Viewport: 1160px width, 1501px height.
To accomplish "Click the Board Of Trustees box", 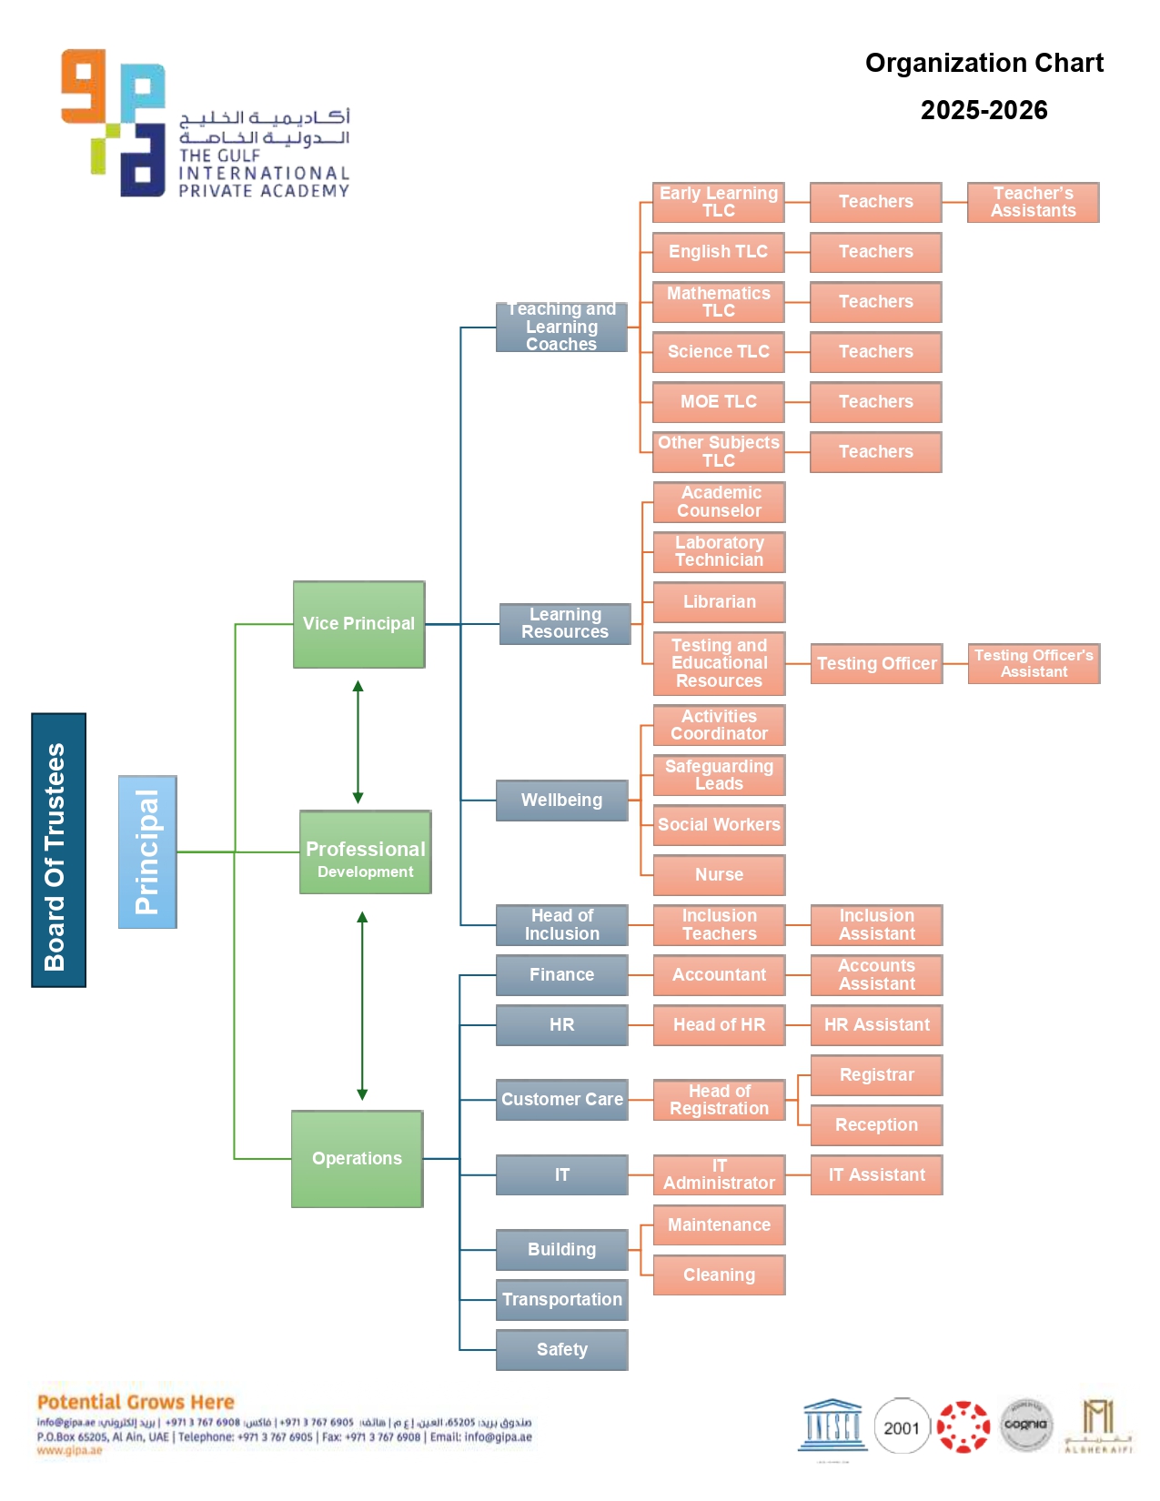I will pyautogui.click(x=58, y=850).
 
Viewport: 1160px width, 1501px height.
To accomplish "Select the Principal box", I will pyautogui.click(x=147, y=851).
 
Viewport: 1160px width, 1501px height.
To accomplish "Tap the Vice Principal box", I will pyautogui.click(x=358, y=624).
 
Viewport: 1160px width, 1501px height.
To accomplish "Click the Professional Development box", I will pyautogui.click(x=365, y=852).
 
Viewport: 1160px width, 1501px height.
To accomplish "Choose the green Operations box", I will pyautogui.click(x=357, y=1158).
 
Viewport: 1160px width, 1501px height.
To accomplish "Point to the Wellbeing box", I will pyautogui.click(x=561, y=801).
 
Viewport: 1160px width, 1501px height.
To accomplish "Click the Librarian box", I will pyautogui.click(x=719, y=602).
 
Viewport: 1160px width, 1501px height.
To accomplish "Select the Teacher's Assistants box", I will pyautogui.click(x=1033, y=202).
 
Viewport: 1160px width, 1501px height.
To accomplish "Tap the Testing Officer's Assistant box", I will pyautogui.click(x=1034, y=663).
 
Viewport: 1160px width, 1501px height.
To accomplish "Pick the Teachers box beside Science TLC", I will pyautogui.click(x=875, y=352).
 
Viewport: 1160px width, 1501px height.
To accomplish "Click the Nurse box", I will pyautogui.click(x=719, y=875).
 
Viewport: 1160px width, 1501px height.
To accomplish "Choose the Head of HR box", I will pyautogui.click(x=719, y=1025).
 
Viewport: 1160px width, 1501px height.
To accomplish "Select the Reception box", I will pyautogui.click(x=876, y=1125).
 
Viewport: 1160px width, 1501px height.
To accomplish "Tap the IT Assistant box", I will pyautogui.click(x=876, y=1175).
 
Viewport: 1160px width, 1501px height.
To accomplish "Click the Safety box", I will pyautogui.click(x=561, y=1350).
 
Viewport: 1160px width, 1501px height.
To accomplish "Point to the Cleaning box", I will pyautogui.click(x=719, y=1275).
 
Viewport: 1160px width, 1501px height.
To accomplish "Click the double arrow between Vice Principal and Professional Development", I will pyautogui.click(x=358, y=741).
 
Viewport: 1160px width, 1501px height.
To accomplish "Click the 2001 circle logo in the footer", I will pyautogui.click(x=901, y=1427).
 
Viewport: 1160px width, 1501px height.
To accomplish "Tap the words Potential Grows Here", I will pyautogui.click(x=136, y=1402).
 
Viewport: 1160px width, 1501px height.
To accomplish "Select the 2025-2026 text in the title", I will pyautogui.click(x=983, y=110).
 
